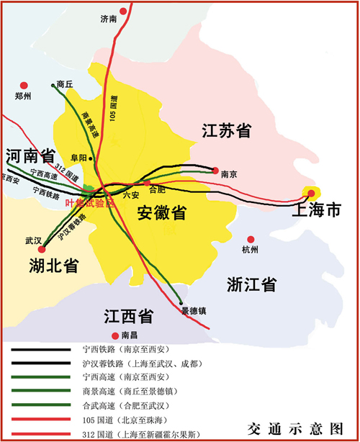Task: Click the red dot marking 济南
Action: (x=125, y=10)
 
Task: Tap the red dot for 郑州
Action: (x=24, y=85)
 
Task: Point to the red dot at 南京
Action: (x=215, y=171)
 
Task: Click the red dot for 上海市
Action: (x=311, y=192)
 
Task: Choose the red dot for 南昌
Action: (x=114, y=335)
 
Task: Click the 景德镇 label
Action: (x=193, y=311)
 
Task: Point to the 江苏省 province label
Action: (x=226, y=131)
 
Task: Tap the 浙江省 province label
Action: (x=251, y=284)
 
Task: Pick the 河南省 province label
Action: (x=30, y=156)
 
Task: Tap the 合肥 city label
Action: (x=156, y=190)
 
